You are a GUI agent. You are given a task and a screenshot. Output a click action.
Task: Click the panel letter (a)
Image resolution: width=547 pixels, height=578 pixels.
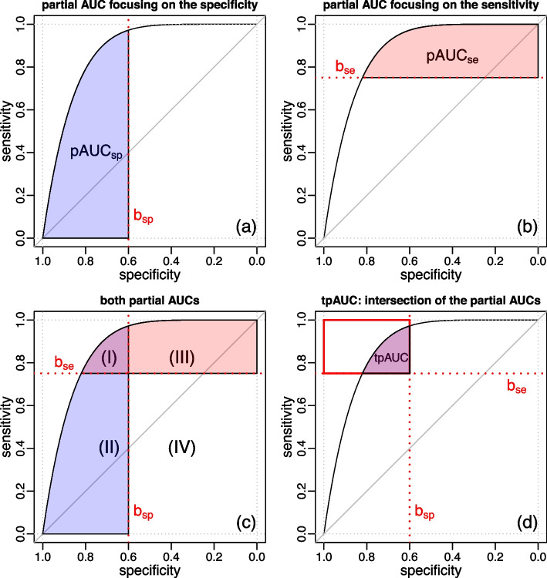(245, 227)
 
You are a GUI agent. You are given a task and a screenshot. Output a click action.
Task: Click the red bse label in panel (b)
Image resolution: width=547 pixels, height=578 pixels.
(345, 67)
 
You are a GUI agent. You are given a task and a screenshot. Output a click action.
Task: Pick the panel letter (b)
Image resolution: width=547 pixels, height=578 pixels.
(525, 227)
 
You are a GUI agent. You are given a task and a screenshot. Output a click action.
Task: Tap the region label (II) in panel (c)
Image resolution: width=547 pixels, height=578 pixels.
(106, 445)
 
